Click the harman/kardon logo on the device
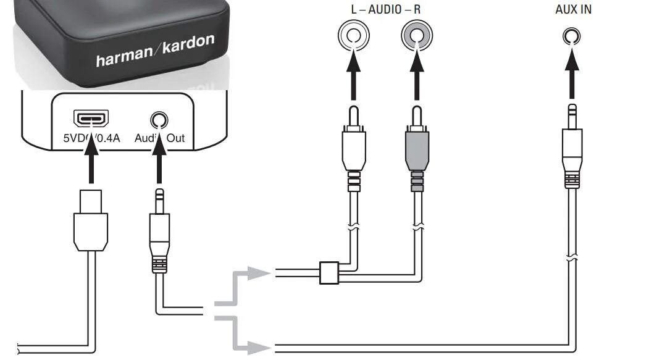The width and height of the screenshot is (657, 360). tap(155, 51)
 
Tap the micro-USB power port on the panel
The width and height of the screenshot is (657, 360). tap(91, 117)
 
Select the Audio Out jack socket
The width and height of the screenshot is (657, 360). tap(159, 119)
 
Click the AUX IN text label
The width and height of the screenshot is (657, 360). tap(572, 10)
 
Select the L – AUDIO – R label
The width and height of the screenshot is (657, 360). tap(385, 10)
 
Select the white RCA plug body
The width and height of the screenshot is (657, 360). tap(353, 148)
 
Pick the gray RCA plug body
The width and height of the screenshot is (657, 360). tap(417, 148)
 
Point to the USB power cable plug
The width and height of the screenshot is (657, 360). tap(91, 219)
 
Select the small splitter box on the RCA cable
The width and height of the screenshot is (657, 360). tap(328, 273)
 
